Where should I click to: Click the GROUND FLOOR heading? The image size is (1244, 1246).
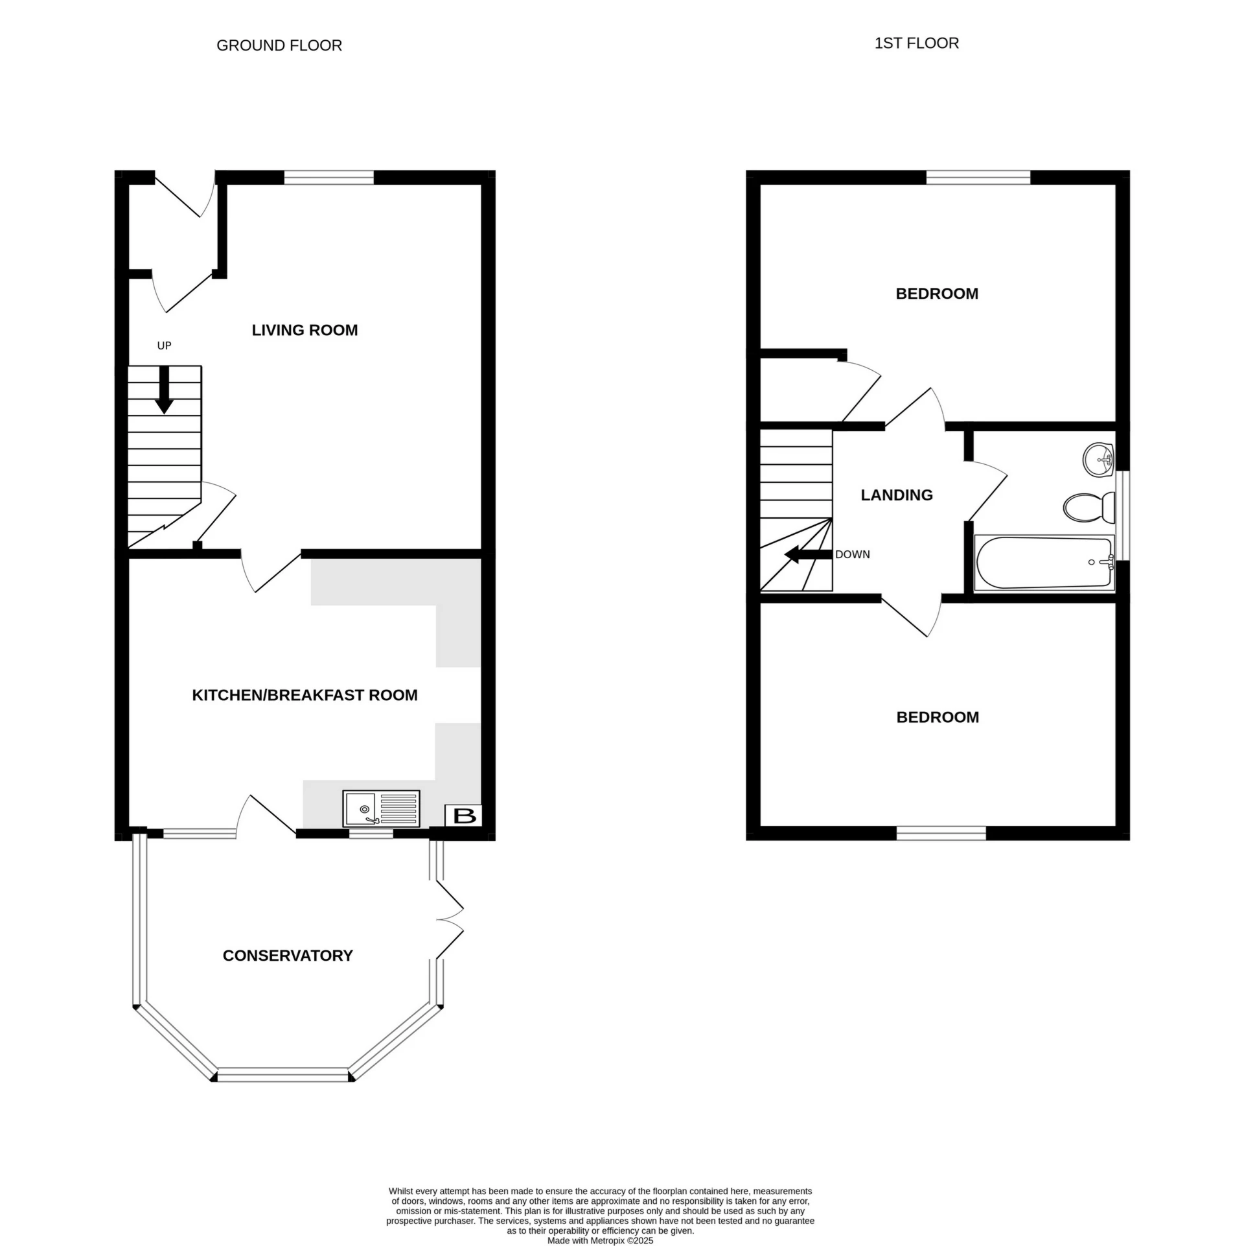click(x=279, y=45)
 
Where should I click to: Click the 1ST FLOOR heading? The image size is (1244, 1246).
click(x=916, y=43)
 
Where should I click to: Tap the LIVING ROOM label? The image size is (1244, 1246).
click(x=305, y=330)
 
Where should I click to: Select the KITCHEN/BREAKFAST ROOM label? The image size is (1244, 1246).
click(x=305, y=695)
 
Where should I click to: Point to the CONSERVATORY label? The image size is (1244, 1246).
click(x=288, y=956)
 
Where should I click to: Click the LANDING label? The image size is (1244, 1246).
click(x=897, y=495)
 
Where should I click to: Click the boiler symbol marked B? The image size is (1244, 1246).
click(x=464, y=816)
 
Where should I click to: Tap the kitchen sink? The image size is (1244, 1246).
click(x=381, y=808)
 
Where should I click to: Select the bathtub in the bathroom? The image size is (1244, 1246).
click(x=1043, y=563)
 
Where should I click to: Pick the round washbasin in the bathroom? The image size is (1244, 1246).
click(x=1098, y=460)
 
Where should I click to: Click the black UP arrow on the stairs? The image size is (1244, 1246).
click(x=165, y=389)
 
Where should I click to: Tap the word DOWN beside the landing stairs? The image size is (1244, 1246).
click(x=852, y=555)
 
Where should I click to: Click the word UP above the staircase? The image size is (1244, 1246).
click(x=165, y=346)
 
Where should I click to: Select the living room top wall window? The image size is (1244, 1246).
click(x=329, y=178)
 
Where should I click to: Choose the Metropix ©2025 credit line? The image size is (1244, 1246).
click(x=600, y=1241)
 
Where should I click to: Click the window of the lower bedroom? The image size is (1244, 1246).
click(x=941, y=833)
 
